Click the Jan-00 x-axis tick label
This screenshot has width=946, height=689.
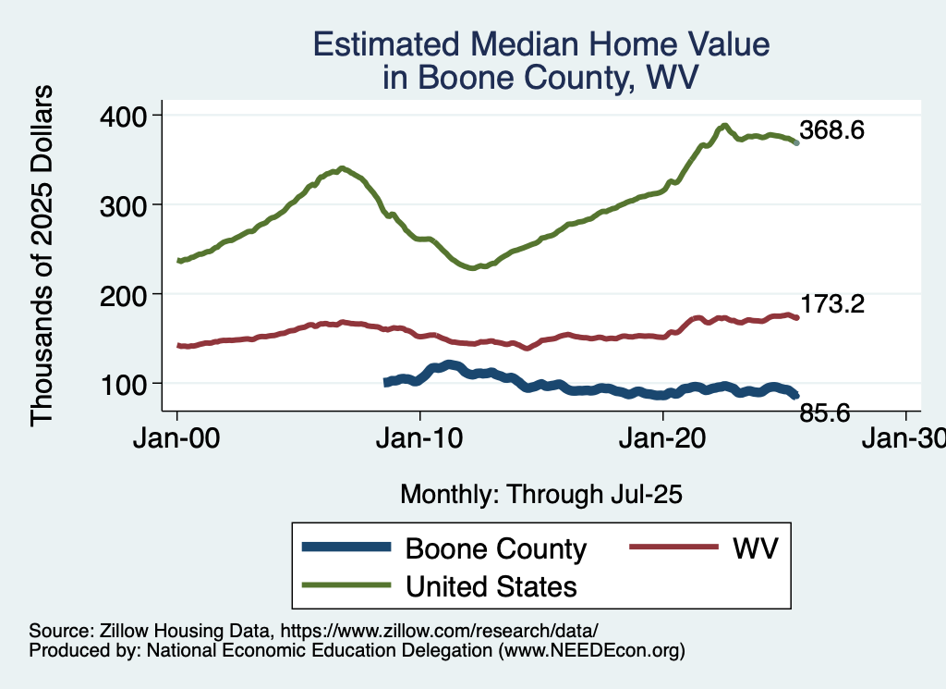pos(177,440)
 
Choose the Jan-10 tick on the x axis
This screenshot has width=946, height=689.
pos(420,440)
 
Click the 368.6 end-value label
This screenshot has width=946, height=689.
pos(831,131)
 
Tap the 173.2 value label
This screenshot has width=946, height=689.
pos(831,304)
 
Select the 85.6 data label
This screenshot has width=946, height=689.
pos(825,412)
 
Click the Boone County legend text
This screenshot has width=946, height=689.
pos(496,549)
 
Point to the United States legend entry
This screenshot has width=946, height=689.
pos(491,586)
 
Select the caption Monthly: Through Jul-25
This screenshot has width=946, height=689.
pos(541,495)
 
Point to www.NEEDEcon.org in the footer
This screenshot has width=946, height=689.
pos(591,651)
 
